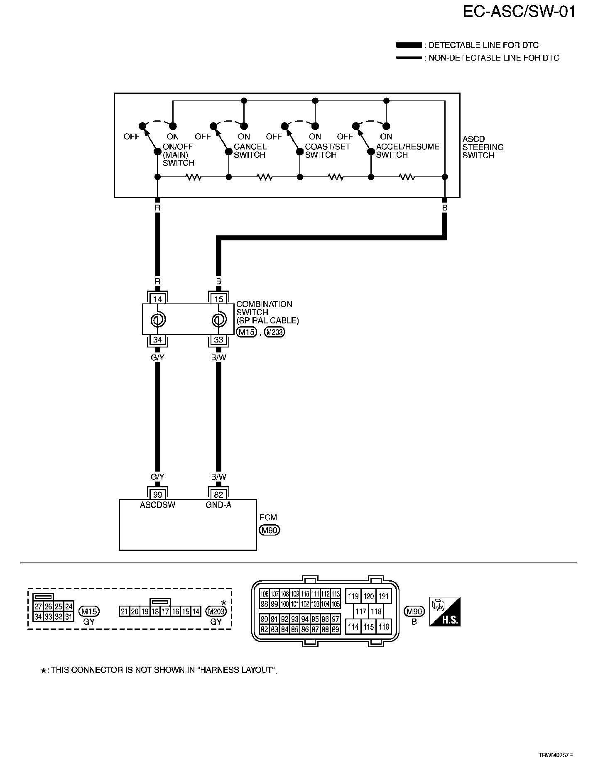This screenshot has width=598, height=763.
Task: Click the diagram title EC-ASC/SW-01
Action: (x=520, y=12)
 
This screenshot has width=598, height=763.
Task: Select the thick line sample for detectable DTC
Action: (x=409, y=45)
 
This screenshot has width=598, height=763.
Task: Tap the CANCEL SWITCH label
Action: (x=250, y=151)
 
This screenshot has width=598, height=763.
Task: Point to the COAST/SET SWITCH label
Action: (x=327, y=151)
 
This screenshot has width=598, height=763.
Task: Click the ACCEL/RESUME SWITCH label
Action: (x=407, y=151)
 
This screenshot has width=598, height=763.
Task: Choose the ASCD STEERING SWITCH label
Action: (x=483, y=147)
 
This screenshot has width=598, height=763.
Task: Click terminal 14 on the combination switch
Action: (x=157, y=299)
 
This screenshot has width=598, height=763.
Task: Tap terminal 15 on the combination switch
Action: (x=219, y=299)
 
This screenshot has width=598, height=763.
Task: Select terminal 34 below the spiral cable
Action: (x=157, y=340)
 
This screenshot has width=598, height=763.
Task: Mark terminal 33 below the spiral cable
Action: (x=219, y=340)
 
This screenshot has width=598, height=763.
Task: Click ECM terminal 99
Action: (x=157, y=494)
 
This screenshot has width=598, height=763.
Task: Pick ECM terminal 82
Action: (x=219, y=494)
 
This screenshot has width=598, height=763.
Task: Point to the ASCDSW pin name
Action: (x=157, y=505)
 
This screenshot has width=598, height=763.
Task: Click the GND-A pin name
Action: (x=219, y=505)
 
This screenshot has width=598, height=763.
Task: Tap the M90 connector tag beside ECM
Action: (x=270, y=530)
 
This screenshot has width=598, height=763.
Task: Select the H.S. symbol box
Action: (x=445, y=612)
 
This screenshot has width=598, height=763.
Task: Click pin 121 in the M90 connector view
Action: (x=384, y=597)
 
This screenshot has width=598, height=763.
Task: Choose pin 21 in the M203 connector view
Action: (x=124, y=611)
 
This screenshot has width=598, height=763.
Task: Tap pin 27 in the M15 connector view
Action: (x=38, y=606)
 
